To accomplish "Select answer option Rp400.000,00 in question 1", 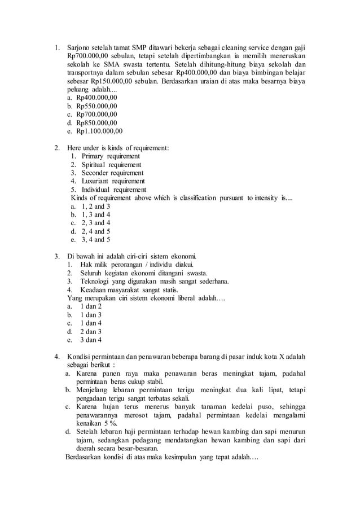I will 96,97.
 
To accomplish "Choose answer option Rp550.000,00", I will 96,106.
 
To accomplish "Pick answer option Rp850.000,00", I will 96,122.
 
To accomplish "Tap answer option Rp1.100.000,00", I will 99,131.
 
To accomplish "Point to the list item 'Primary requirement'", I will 111,156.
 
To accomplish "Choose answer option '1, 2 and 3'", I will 93,207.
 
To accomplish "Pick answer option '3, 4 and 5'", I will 93,240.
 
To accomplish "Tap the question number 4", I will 57,357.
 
